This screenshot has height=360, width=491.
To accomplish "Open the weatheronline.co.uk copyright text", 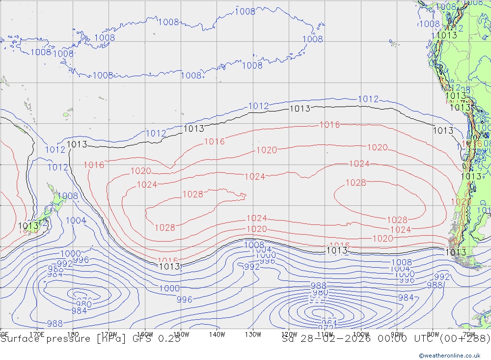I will (x=450, y=355).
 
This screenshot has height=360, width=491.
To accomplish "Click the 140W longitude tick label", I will (x=217, y=334).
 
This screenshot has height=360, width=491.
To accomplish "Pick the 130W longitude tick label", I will (x=253, y=334).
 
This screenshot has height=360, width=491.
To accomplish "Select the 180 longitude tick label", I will (x=73, y=334).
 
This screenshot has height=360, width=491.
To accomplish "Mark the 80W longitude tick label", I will (x=433, y=334).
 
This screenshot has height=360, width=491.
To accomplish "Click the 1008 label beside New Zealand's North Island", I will (x=68, y=196).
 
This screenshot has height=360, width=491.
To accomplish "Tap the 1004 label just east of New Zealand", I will (x=76, y=221).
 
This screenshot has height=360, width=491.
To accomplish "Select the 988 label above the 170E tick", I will (x=55, y=323).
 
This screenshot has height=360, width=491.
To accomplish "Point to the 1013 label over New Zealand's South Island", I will (x=28, y=226).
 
